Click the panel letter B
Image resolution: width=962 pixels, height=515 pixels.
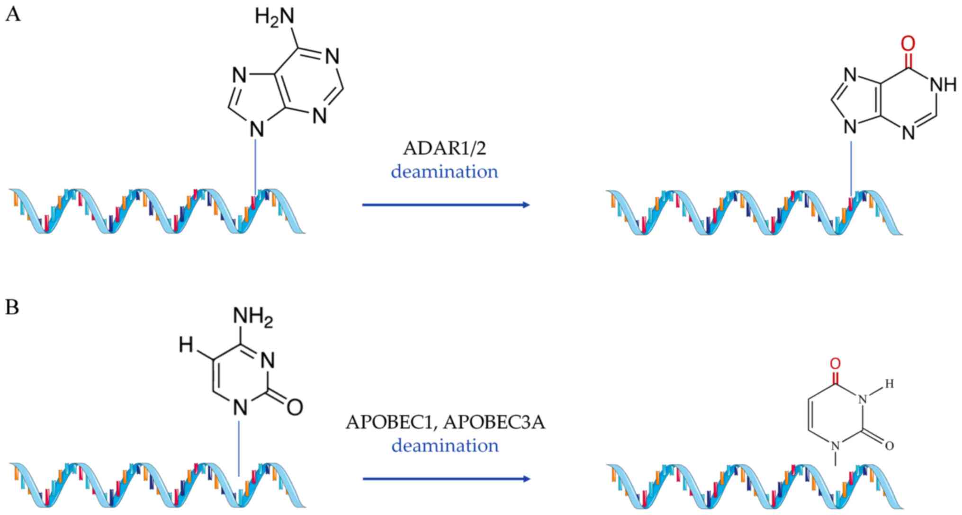(x=12, y=307)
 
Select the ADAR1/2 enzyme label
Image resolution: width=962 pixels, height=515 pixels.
(x=444, y=148)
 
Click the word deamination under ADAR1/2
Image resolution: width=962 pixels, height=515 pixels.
(x=444, y=171)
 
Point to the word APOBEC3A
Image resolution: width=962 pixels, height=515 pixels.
(x=494, y=422)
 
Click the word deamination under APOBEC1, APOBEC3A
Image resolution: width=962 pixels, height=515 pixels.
(x=445, y=445)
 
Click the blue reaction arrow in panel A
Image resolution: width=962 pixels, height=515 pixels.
(x=445, y=205)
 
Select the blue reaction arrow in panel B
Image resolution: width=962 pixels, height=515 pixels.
(x=445, y=479)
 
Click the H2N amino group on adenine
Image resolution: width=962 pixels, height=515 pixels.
(x=274, y=17)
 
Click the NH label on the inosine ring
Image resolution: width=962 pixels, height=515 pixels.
(x=943, y=85)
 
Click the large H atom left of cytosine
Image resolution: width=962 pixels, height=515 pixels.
(x=186, y=346)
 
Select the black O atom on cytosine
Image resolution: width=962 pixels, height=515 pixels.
(x=295, y=407)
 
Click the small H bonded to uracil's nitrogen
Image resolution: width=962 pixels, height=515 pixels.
(x=889, y=384)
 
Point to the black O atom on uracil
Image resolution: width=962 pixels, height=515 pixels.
(x=889, y=445)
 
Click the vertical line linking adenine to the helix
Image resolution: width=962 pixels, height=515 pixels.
(x=256, y=166)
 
